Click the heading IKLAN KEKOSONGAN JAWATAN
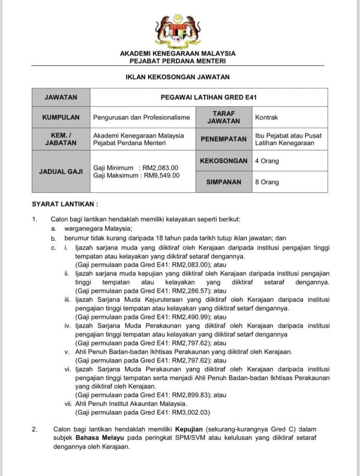[177, 77]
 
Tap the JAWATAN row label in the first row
[59, 97]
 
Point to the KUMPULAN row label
[59, 117]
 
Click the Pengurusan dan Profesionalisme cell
[141, 117]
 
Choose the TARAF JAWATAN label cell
[223, 117]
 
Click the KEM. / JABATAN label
[59, 139]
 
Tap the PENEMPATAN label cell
[223, 139]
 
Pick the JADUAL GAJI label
[59, 171]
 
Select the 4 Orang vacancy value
[267, 161]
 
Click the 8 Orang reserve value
[267, 182]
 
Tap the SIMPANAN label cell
[223, 182]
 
